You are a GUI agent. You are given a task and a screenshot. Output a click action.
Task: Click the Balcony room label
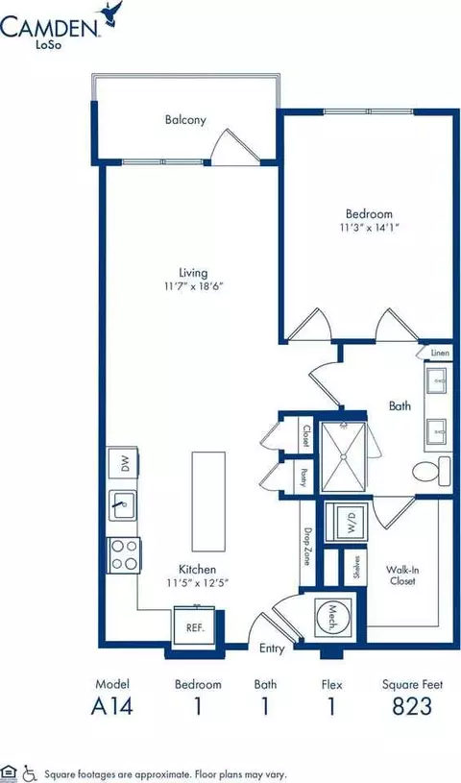185,120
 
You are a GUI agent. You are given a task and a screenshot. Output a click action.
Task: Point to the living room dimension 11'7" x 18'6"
193,286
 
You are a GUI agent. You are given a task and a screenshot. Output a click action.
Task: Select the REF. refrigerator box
195,627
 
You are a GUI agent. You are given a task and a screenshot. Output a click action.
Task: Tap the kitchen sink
123,505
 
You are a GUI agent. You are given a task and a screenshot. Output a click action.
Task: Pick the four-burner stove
124,554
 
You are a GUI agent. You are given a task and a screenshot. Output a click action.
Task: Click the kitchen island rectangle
208,501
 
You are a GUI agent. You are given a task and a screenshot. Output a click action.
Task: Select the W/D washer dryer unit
347,522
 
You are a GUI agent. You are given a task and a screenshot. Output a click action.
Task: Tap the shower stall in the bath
343,456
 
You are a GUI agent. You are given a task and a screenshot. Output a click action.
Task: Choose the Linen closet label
441,353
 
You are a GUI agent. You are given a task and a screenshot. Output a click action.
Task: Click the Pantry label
303,474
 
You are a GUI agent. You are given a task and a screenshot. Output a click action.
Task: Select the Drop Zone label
307,547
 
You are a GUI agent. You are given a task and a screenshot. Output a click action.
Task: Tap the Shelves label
356,567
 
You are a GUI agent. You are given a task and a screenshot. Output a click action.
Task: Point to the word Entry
272,648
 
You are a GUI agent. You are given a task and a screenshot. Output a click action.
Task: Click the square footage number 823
412,706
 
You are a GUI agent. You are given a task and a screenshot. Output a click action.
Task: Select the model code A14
112,706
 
